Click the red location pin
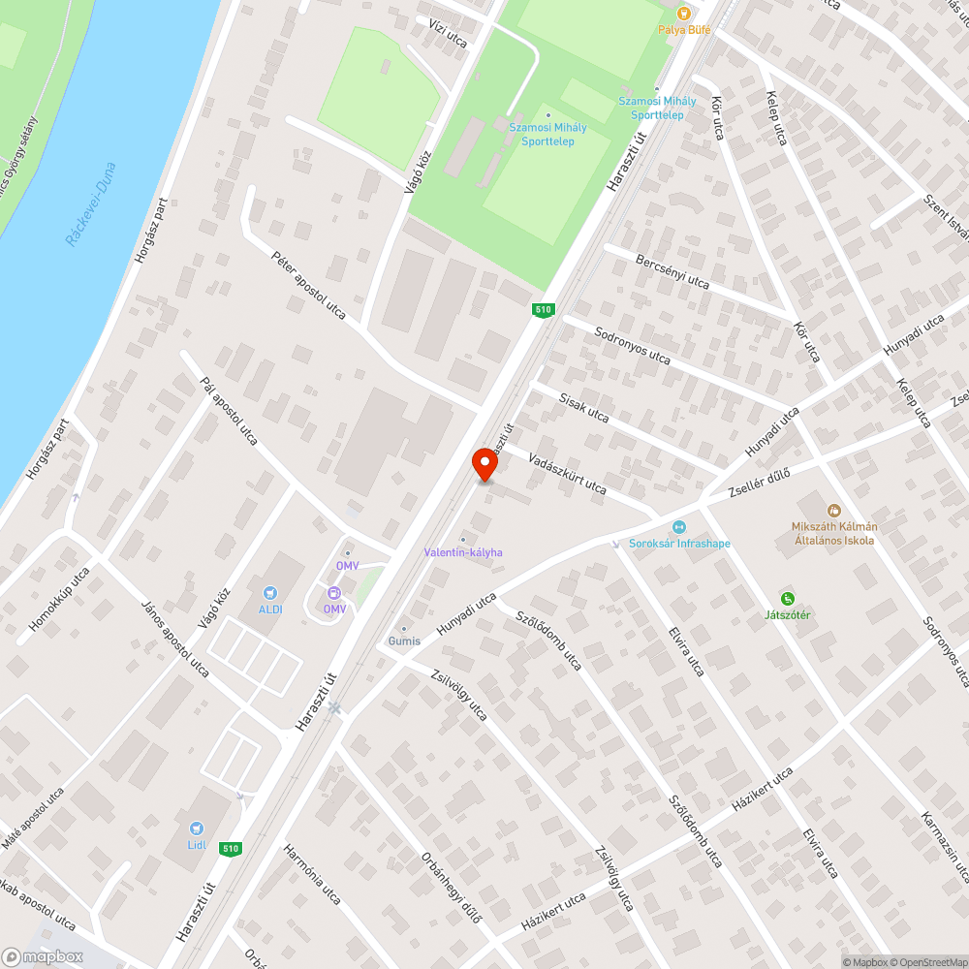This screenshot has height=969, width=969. coord(484,464)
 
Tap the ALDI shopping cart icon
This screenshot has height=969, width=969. coord(270,593)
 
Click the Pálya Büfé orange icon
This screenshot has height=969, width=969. coord(684,14)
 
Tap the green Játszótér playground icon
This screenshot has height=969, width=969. coord(788,599)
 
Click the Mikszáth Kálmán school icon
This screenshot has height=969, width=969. coord(832,510)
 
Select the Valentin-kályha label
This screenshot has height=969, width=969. coord(463,552)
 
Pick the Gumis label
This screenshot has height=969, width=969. coord(404,641)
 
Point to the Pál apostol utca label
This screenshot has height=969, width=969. coord(228,412)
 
